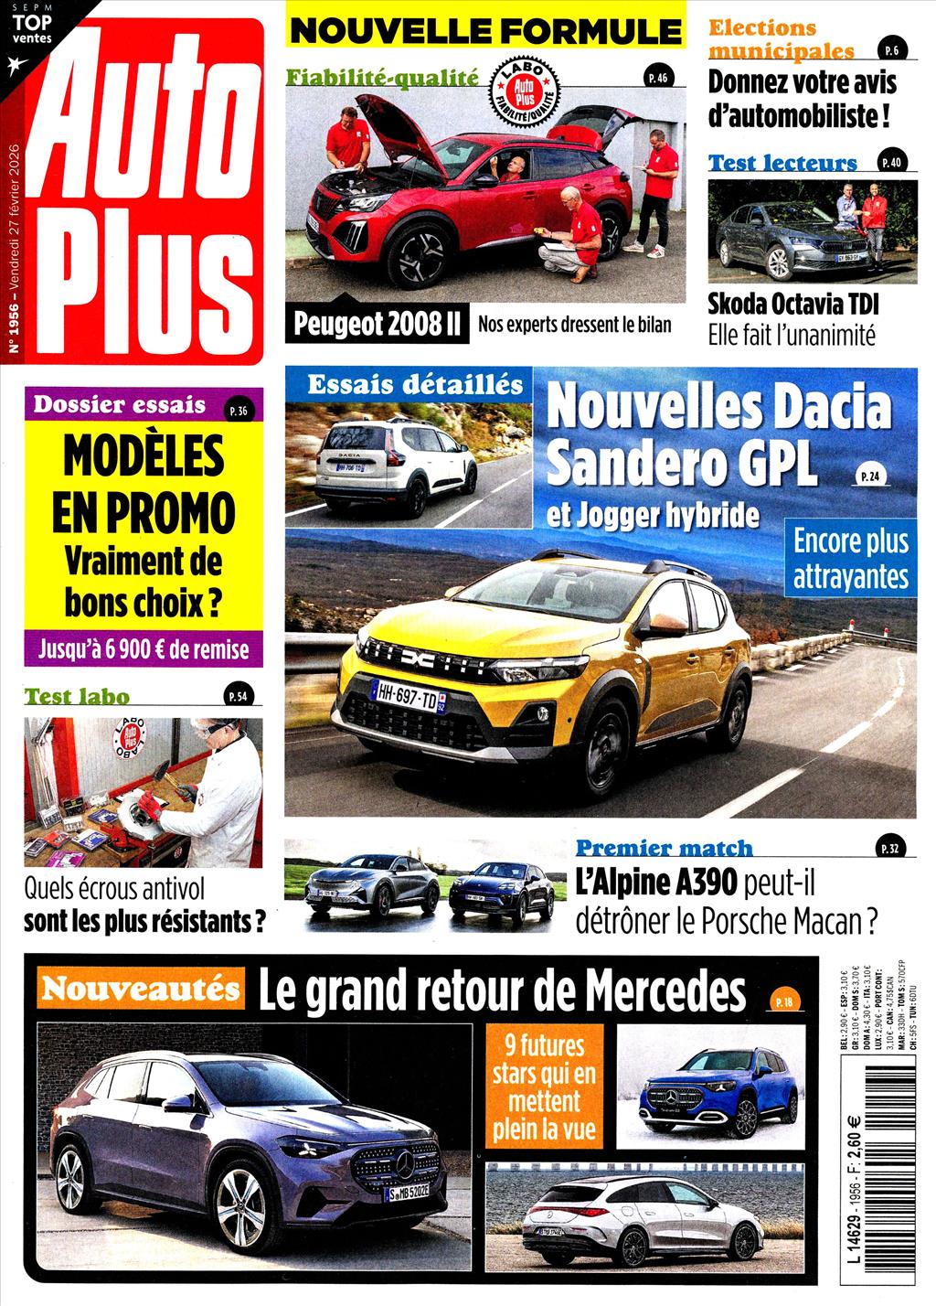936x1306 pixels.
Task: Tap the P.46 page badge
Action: coord(658,78)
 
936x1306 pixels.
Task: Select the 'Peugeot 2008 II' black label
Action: coord(377,324)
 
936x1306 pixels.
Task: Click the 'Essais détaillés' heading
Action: coord(416,384)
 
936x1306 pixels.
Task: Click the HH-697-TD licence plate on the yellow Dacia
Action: coord(407,699)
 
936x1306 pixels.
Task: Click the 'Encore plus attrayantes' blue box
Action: coord(851,558)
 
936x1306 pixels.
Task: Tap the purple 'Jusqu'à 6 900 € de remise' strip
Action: coord(144,649)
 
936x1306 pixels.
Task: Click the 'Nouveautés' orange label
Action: coord(140,989)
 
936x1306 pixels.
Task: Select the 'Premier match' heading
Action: coord(664,848)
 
